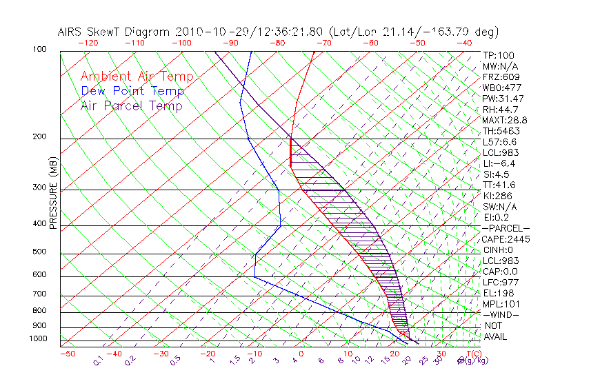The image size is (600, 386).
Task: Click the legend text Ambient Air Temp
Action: (x=137, y=77)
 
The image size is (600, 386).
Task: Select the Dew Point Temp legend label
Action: (x=132, y=91)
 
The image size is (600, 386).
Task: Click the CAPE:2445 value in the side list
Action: (x=505, y=239)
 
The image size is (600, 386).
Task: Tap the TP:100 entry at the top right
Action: (x=499, y=55)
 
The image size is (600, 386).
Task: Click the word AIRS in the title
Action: (x=71, y=32)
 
